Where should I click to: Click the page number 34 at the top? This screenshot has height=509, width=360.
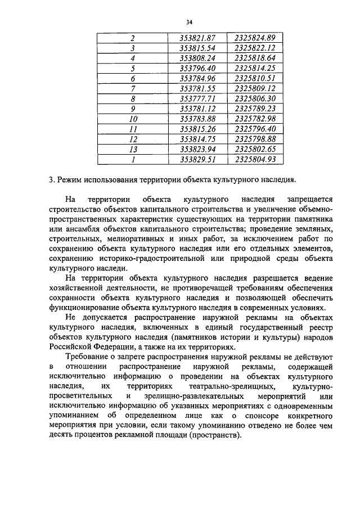(x=189, y=22)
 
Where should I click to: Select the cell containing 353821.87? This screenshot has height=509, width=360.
(x=197, y=38)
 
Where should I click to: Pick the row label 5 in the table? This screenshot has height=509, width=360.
(x=133, y=68)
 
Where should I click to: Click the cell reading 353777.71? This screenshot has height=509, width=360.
(x=197, y=98)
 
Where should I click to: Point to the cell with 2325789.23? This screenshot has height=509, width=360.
(x=255, y=109)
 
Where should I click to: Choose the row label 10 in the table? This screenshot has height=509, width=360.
(x=133, y=119)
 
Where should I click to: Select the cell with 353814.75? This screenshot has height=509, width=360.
(x=197, y=139)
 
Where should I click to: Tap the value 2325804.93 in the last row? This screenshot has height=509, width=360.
(x=255, y=159)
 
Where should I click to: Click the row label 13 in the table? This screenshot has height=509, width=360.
(x=133, y=149)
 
